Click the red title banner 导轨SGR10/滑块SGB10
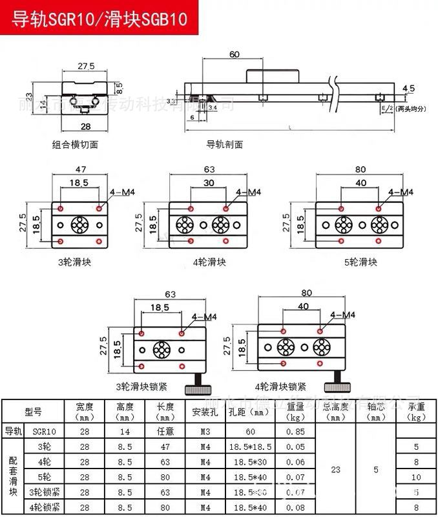point(99,19)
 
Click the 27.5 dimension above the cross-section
point(86,66)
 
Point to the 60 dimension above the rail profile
point(235,54)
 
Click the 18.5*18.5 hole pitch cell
point(249,447)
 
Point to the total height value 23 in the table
point(335,470)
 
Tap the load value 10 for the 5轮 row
point(416,478)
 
